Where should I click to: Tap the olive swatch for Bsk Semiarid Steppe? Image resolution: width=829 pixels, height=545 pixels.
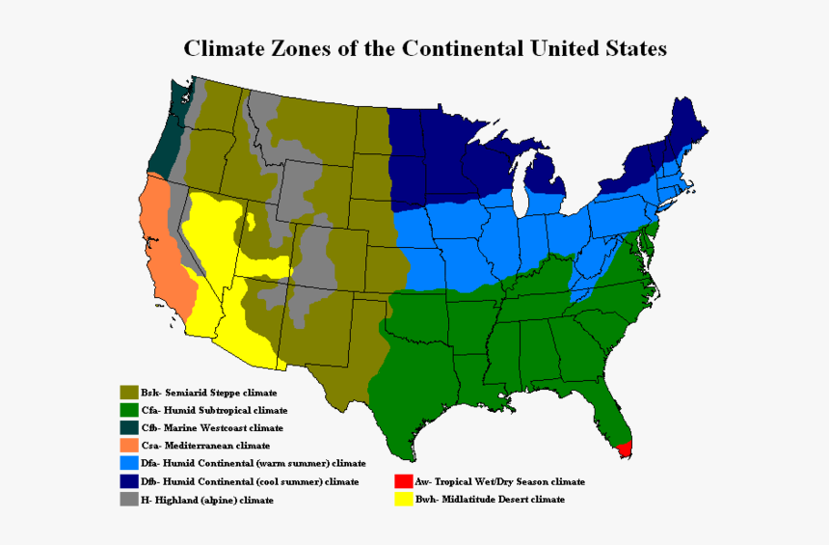[x=127, y=393]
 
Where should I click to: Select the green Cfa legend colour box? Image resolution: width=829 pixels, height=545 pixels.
[x=127, y=410]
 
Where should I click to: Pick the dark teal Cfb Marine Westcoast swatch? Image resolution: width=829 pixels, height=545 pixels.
[x=127, y=427]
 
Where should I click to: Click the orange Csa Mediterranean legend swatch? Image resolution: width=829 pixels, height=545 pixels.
[x=127, y=446]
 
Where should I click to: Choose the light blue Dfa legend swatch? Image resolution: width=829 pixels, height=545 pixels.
[x=127, y=463]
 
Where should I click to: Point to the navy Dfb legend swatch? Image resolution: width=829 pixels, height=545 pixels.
[x=127, y=481]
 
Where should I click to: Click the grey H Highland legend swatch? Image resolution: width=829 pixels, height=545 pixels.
[x=127, y=500]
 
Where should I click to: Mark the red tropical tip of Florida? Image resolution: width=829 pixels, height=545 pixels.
[x=625, y=449]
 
